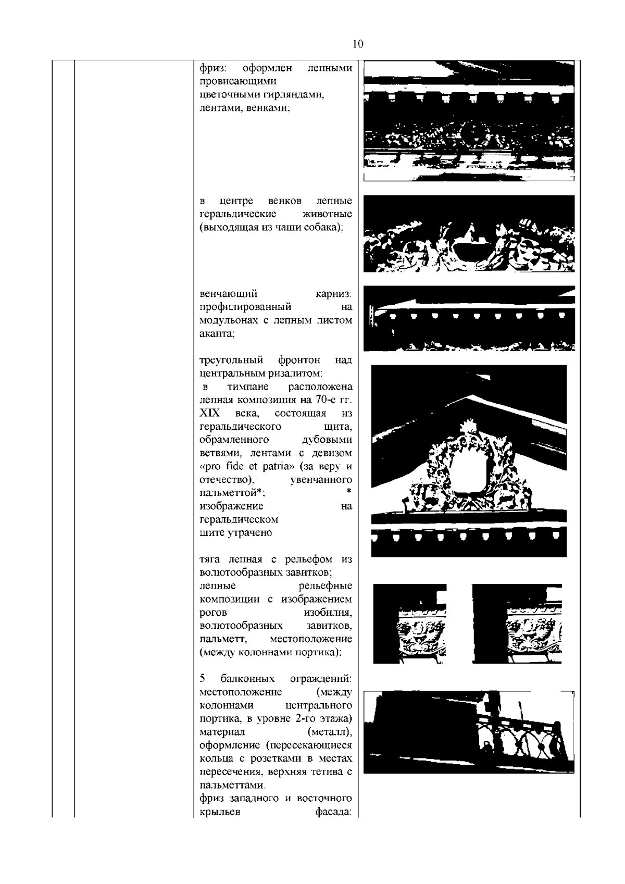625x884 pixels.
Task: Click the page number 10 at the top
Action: click(358, 44)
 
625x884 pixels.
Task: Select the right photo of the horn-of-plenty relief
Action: click(517, 624)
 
